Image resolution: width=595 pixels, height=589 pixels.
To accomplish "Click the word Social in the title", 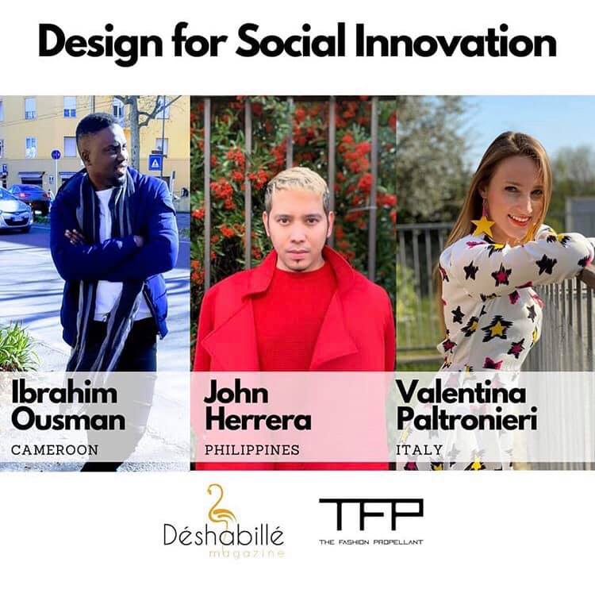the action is click(290, 41).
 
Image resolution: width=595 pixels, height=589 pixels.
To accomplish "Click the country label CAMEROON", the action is click(55, 450).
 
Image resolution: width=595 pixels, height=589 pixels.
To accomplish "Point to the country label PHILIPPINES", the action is click(252, 450).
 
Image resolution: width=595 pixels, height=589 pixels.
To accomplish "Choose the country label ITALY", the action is click(420, 450).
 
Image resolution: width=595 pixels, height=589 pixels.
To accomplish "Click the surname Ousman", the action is click(68, 419).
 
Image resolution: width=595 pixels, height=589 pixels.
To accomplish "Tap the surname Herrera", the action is click(258, 419).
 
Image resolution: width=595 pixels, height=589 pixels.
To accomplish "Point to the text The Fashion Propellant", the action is click(371, 542).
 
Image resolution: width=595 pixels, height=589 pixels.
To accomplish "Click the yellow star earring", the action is click(482, 225).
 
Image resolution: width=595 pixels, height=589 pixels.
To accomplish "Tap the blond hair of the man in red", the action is click(296, 186).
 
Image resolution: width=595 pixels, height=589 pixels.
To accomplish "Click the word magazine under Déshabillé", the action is click(246, 554).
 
